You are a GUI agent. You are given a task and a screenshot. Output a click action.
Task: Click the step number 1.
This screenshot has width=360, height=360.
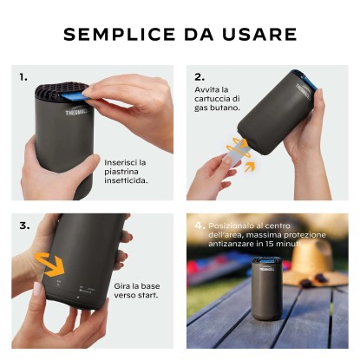(x=23, y=77)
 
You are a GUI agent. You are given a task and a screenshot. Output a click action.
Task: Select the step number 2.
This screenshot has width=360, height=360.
(x=200, y=77)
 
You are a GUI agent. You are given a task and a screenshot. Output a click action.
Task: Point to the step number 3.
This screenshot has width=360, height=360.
(x=24, y=226)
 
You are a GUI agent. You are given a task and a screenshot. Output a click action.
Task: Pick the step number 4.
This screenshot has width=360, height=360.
(x=200, y=226)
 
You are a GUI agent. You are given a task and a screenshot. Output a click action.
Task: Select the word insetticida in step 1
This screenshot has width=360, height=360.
(x=126, y=180)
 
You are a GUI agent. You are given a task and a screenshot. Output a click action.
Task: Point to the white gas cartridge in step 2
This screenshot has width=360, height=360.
(x=234, y=153)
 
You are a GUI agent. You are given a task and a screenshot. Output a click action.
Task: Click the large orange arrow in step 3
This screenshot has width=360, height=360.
(x=49, y=264)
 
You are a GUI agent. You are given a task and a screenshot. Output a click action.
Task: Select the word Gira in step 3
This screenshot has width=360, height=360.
(x=121, y=286)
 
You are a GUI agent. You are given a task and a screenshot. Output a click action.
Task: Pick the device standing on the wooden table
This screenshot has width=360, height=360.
(x=266, y=288)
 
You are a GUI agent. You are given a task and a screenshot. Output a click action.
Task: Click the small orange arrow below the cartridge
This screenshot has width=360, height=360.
(x=250, y=167)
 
